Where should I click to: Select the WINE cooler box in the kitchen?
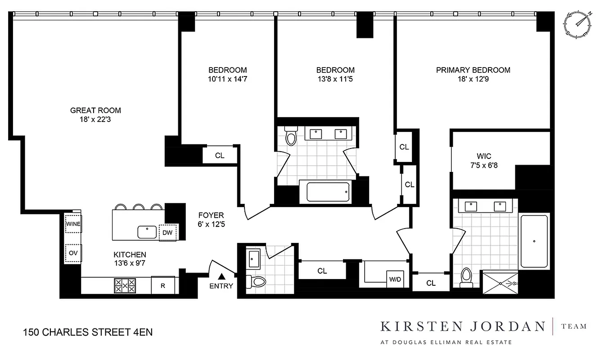tap(73, 224)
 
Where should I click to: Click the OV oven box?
tap(73, 253)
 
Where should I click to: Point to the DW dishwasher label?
tap(167, 232)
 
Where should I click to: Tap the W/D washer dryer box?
tap(394, 279)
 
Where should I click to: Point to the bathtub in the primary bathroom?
tap(534, 241)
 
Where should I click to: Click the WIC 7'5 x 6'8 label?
tap(484, 161)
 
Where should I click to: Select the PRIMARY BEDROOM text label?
tap(473, 70)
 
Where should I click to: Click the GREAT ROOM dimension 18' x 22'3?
tap(95, 119)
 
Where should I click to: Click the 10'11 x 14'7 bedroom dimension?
tap(227, 79)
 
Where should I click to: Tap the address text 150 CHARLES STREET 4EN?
tap(87, 333)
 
